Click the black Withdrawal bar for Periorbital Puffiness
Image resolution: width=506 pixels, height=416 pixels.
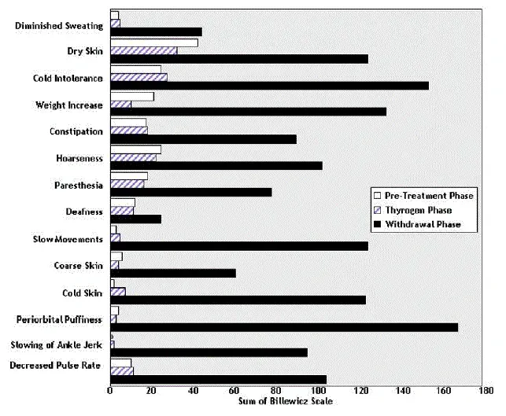tap(283, 327)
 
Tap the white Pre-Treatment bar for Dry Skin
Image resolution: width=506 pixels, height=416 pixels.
tap(153, 42)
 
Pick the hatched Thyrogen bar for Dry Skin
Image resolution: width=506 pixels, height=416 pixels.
tap(143, 50)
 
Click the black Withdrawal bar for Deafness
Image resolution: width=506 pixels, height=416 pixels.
tap(135, 219)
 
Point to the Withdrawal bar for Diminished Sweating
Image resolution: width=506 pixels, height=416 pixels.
tap(156, 31)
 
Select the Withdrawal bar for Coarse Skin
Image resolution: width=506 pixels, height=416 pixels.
tap(173, 273)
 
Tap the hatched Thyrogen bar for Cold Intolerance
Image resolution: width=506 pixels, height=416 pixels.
tap(139, 77)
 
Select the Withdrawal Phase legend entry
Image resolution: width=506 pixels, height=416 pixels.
tap(423, 225)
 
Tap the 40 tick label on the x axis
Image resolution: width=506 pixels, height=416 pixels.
tap(194, 390)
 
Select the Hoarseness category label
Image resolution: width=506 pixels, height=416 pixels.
tap(79, 158)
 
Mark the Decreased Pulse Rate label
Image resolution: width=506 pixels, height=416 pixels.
tap(57, 365)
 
